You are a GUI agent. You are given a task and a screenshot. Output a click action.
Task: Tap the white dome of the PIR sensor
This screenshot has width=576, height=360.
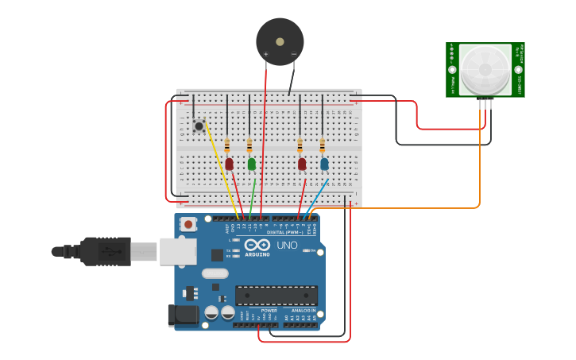(x=485, y=69)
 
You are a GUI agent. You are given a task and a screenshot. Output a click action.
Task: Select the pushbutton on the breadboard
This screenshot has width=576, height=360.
(x=199, y=126)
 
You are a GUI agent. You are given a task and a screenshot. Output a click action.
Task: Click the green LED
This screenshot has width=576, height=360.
(x=252, y=164)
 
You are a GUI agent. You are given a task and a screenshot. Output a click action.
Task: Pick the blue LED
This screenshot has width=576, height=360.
(x=324, y=164)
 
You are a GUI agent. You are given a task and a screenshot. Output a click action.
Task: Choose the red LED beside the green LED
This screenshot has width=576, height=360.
(x=230, y=164)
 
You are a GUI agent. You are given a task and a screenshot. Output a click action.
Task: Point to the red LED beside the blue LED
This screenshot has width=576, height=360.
(x=302, y=164)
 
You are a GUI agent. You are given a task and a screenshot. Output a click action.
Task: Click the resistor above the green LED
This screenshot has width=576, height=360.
(x=249, y=146)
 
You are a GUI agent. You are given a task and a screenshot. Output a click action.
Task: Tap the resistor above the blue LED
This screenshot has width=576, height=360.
(x=322, y=146)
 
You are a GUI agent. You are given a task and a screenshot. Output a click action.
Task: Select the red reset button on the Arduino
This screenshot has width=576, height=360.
(x=188, y=224)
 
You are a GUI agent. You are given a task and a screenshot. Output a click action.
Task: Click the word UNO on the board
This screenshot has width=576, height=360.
(x=287, y=245)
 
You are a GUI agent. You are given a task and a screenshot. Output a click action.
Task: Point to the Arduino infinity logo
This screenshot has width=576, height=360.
(x=257, y=245)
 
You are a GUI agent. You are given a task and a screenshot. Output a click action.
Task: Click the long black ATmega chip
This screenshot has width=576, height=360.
(x=276, y=296)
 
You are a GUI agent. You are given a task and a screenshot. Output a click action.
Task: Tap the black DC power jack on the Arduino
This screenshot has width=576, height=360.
(x=183, y=315)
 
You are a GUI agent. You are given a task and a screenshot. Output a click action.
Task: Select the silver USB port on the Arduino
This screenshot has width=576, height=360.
(x=178, y=251)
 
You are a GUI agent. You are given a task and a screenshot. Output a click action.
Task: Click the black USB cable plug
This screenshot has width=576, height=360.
(x=103, y=251)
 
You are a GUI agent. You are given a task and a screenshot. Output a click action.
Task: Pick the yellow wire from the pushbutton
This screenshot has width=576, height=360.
(x=222, y=171)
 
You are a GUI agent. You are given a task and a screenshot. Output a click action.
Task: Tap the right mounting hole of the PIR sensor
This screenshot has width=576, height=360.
(x=518, y=69)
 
